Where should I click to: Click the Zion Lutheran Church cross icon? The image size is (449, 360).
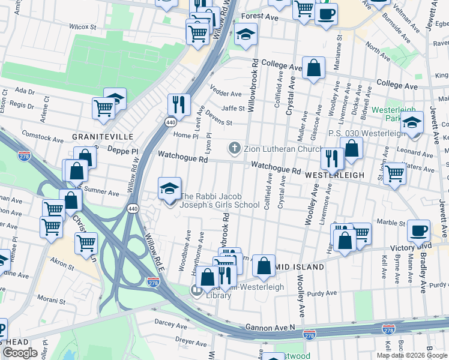pyautogui.click(x=235, y=148)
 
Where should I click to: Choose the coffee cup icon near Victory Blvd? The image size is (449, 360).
pyautogui.click(x=418, y=230)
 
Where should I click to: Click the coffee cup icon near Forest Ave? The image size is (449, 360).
pyautogui.click(x=326, y=14)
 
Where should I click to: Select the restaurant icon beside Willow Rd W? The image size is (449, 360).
pyautogui.click(x=179, y=104)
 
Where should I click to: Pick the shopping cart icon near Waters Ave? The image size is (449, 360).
pyautogui.click(x=394, y=173)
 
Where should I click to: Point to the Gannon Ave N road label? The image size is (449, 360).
pyautogui.click(x=270, y=328)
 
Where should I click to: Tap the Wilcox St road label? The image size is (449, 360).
pyautogui.click(x=82, y=27)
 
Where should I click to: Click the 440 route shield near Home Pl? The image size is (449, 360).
pyautogui.click(x=171, y=122)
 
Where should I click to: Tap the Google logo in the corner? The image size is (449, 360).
pyautogui.click(x=20, y=353)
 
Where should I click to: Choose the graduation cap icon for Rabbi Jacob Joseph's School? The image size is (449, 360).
pyautogui.click(x=169, y=188)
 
